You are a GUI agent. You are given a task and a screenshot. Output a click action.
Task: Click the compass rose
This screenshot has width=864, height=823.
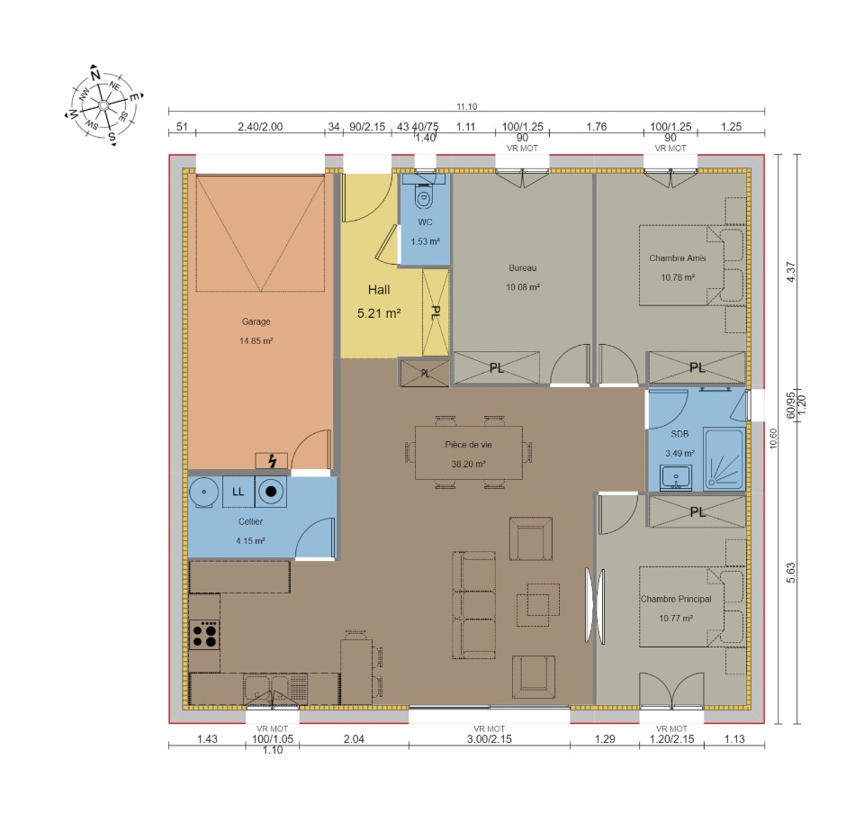[x=103, y=104]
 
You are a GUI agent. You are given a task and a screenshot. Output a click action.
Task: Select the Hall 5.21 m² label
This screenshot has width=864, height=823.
[x=379, y=302]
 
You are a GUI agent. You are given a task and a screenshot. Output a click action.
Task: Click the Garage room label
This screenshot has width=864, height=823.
[x=256, y=321]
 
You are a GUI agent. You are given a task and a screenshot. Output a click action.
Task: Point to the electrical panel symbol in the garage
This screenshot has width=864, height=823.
[x=271, y=461]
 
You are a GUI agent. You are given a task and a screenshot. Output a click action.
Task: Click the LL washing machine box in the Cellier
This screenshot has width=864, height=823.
[x=238, y=492]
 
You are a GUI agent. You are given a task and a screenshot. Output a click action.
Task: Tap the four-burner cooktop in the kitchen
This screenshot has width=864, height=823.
[x=204, y=635]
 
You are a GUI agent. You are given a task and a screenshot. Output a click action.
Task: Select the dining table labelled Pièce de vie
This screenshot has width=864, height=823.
[x=468, y=453]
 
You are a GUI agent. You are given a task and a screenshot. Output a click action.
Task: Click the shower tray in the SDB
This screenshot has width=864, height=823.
[x=724, y=459]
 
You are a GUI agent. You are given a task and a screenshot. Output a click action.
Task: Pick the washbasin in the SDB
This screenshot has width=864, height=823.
[x=676, y=477]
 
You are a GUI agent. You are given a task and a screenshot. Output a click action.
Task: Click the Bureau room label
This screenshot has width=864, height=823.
[x=522, y=268]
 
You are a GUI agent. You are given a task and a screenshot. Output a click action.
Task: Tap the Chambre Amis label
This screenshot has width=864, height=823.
[x=677, y=258]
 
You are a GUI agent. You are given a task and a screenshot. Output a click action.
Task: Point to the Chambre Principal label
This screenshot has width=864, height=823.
[x=676, y=599]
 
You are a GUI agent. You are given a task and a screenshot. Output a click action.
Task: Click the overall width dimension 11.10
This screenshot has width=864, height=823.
[x=467, y=106]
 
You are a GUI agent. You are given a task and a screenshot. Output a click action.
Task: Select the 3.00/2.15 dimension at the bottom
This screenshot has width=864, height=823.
[x=490, y=738]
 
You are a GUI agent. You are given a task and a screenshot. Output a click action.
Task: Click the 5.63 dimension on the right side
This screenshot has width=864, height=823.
[x=791, y=573]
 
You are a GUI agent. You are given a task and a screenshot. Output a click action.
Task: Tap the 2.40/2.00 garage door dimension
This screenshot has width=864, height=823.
[x=260, y=127]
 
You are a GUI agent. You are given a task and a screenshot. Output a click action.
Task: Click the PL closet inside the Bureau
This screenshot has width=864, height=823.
[x=496, y=367]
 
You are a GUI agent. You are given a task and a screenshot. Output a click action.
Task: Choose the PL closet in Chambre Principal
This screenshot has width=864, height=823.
[x=697, y=512]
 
